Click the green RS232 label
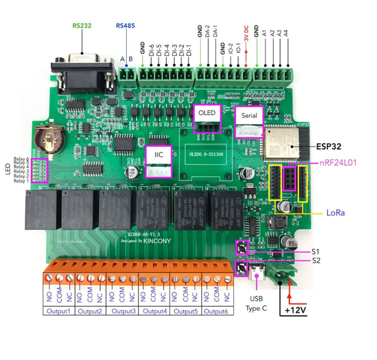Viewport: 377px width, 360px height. click(82, 26)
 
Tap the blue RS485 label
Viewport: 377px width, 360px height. click(125, 26)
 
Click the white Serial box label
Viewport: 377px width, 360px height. click(249, 116)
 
